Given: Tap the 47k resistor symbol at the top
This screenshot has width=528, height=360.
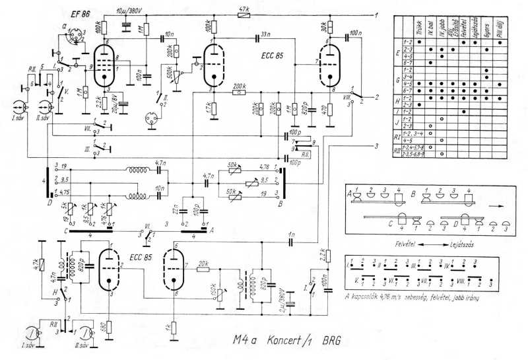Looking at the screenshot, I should point(244,14).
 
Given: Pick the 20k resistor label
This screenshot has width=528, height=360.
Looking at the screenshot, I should point(204,262).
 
